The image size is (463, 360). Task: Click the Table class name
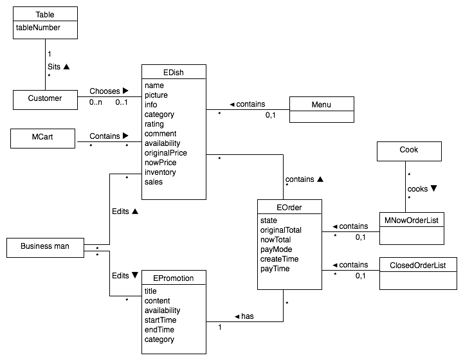pyautogui.click(x=45, y=14)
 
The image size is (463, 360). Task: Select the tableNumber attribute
pyautogui.click(x=39, y=28)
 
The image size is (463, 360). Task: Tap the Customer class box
pyautogui.click(x=45, y=99)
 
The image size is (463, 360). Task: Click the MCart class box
pyautogui.click(x=44, y=137)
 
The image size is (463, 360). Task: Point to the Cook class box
pyautogui.click(x=409, y=150)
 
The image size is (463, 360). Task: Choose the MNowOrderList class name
pyautogui.click(x=412, y=221)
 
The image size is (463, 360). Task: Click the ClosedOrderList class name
pyautogui.click(x=418, y=265)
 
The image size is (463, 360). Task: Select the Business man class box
pyautogui.click(x=45, y=246)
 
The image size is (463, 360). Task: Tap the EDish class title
pyautogui.click(x=174, y=73)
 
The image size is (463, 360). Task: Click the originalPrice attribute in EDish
pyautogui.click(x=167, y=153)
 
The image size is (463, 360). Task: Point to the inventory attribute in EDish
pyautogui.click(x=160, y=172)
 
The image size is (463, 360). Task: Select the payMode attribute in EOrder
pyautogui.click(x=277, y=249)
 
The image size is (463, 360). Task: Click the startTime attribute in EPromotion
pyautogui.click(x=160, y=320)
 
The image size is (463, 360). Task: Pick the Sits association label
pyautogui.click(x=55, y=66)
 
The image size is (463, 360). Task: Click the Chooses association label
pyautogui.click(x=105, y=91)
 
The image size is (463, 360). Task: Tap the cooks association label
pyautogui.click(x=419, y=189)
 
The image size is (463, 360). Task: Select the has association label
pyautogui.click(x=247, y=316)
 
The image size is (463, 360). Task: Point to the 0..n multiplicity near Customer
pyautogui.click(x=96, y=103)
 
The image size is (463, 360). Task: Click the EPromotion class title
pyautogui.click(x=174, y=278)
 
